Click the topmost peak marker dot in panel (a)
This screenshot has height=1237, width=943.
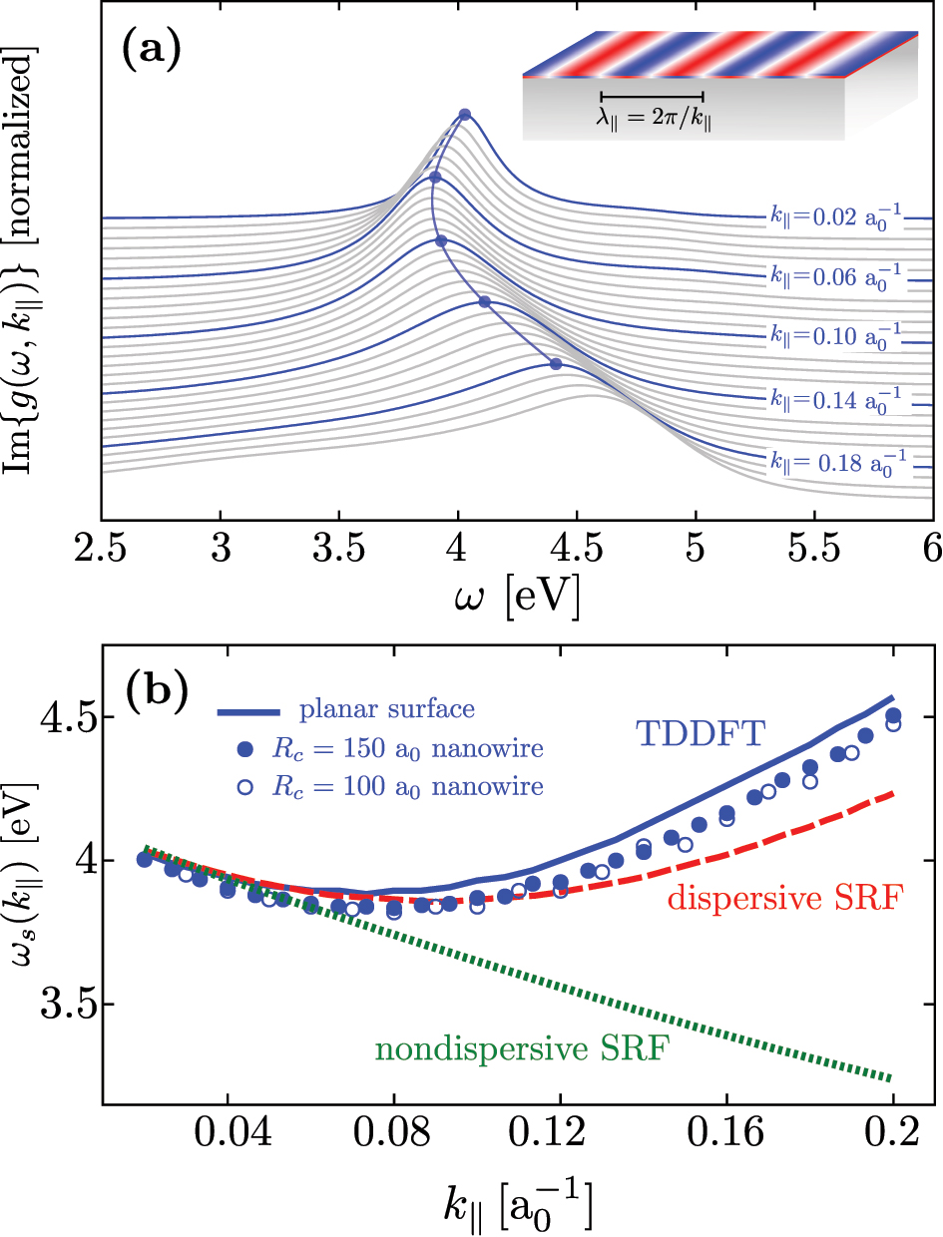tap(464, 115)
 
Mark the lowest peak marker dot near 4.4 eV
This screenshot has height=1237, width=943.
tap(556, 363)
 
